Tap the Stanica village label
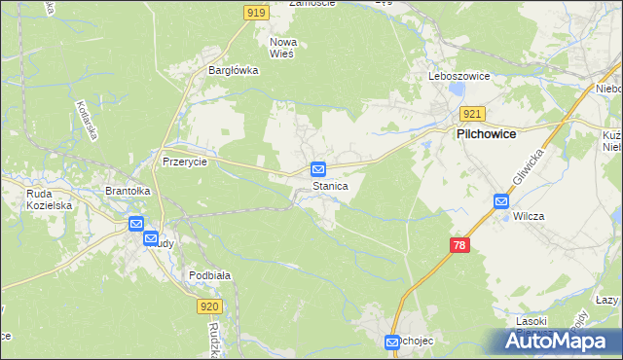(x=330, y=185)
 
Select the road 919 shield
(x=256, y=12)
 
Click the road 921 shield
(x=472, y=114)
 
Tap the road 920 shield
(x=210, y=306)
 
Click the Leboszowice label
(x=458, y=76)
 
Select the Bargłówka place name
(x=233, y=70)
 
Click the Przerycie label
(x=185, y=162)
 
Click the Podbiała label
(x=209, y=276)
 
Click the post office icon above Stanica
(x=318, y=169)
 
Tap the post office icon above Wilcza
(x=501, y=201)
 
